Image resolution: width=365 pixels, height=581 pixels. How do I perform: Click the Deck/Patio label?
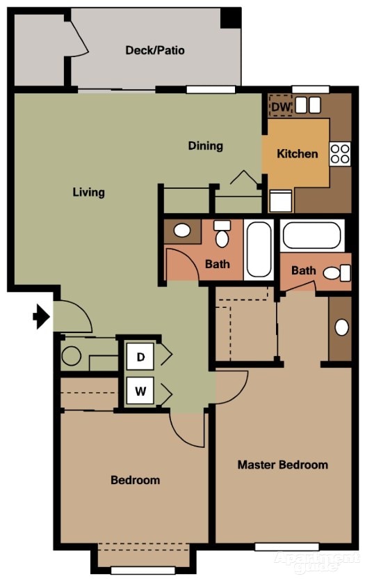pos(155,50)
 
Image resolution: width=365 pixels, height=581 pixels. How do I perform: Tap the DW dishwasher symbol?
pos(281,107)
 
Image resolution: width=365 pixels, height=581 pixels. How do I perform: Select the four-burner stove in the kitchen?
pos(340,154)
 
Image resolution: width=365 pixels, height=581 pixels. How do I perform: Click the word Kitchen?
pos(298,153)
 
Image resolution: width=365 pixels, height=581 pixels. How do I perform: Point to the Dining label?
pos(206,146)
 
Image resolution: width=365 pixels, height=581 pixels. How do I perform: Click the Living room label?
pos(89,192)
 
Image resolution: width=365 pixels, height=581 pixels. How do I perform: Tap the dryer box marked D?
pos(140,357)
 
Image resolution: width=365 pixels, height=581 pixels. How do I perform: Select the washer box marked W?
pos(140,391)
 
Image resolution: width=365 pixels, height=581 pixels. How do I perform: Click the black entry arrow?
pos(42,316)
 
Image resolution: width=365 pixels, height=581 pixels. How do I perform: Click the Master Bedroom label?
pos(282,465)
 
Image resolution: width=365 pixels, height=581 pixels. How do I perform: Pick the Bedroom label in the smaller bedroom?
pos(136,480)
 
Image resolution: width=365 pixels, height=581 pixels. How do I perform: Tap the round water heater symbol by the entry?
pos(72,356)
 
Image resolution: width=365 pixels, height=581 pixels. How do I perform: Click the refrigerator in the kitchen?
pos(281,201)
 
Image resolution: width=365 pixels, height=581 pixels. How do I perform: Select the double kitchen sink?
pos(308,105)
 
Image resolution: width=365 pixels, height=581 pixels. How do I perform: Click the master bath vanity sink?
pos(341,327)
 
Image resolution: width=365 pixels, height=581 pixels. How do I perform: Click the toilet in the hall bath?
pos(222,234)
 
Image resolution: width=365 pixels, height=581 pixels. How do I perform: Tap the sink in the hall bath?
pos(182,230)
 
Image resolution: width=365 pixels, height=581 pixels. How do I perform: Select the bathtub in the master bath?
pos(311,235)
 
